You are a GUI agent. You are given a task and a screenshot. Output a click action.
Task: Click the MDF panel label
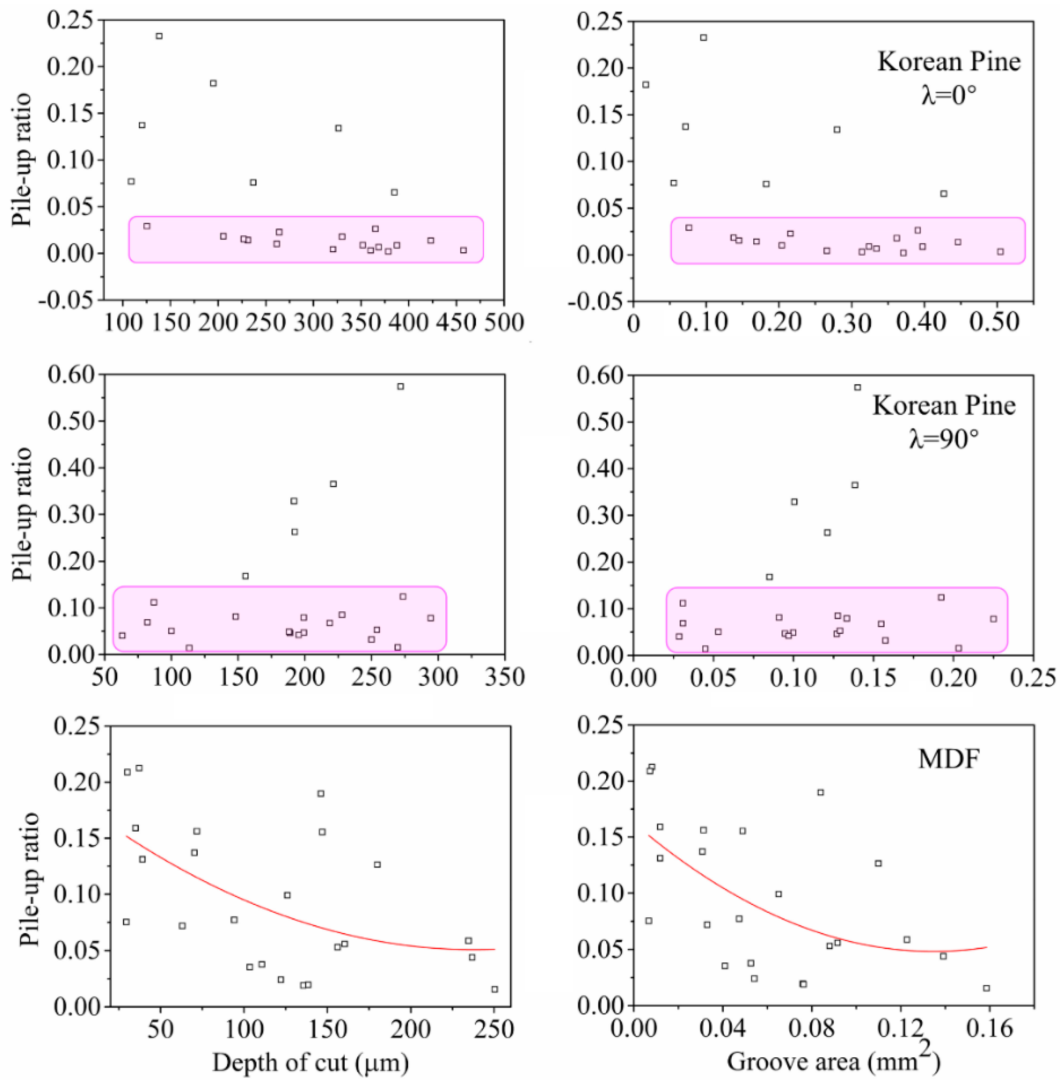[x=948, y=760]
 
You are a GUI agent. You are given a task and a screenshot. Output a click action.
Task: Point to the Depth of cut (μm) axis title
[x=310, y=1062]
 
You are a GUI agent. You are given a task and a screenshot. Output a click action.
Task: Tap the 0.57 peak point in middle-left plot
[x=400, y=386]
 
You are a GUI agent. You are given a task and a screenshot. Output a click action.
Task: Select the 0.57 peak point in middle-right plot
[x=857, y=388]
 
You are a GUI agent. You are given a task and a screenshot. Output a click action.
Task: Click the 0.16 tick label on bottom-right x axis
[x=990, y=1028]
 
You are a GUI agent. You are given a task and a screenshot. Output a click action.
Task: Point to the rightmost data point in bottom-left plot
[x=494, y=989]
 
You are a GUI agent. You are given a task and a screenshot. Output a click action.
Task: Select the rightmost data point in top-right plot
[x=1000, y=252]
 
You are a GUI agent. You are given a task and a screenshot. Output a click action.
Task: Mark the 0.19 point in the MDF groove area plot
[x=820, y=792]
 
